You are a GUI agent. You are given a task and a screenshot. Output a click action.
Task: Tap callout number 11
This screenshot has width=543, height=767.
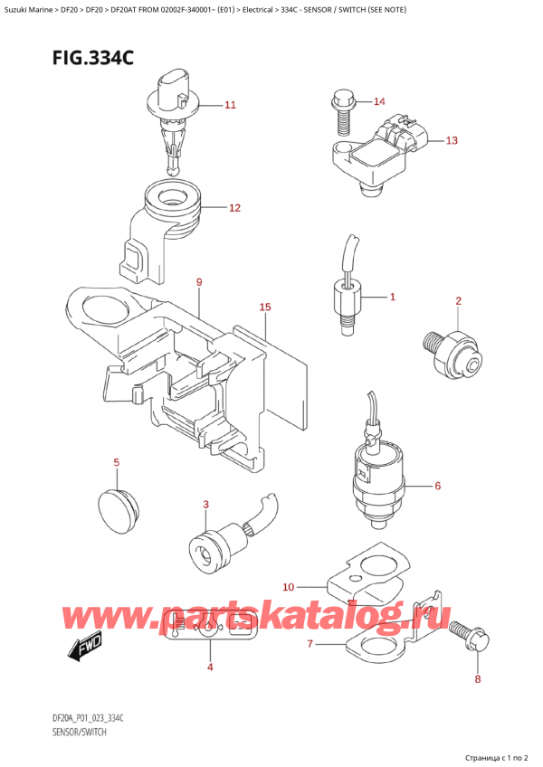(230, 105)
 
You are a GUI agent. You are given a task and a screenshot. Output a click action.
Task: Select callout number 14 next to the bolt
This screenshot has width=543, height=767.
(378, 101)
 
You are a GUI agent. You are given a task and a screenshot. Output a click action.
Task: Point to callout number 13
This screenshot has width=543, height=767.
(452, 140)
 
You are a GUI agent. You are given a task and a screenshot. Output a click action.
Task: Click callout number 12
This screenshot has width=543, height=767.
(234, 208)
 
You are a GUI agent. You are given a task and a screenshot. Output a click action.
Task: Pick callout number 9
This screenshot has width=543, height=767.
(198, 282)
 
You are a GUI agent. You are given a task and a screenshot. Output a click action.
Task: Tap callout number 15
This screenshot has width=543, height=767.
(264, 308)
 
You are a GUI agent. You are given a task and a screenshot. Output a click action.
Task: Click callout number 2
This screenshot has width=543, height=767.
(459, 300)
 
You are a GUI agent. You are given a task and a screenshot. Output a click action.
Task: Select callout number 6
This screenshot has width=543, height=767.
(437, 486)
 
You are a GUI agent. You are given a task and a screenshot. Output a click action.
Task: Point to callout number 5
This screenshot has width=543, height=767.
(116, 463)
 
